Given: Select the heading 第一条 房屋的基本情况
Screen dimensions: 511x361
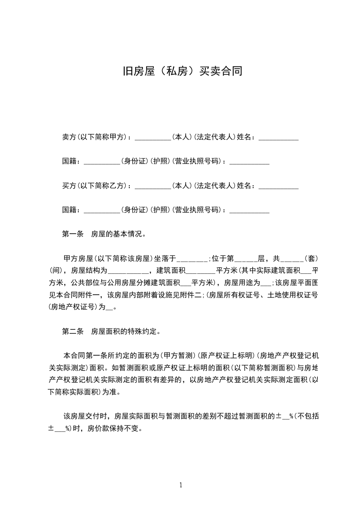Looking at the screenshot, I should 104,235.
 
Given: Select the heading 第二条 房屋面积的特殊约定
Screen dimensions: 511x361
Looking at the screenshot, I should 111,332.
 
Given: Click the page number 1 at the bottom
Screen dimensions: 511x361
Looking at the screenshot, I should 181,485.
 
